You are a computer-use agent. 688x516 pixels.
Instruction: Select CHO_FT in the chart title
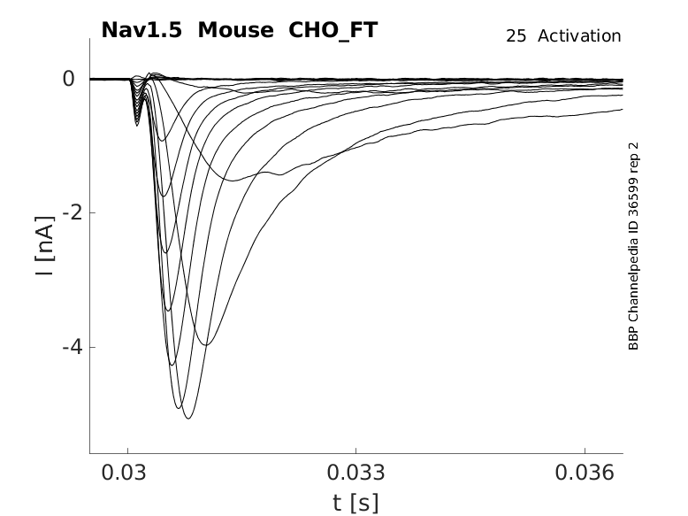pyautogui.click(x=327, y=30)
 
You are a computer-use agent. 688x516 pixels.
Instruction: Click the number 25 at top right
pyautogui.click(x=516, y=36)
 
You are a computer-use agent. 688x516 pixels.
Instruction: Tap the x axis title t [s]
pyautogui.click(x=355, y=503)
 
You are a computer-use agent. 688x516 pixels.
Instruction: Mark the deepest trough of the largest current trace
pyautogui.click(x=187, y=418)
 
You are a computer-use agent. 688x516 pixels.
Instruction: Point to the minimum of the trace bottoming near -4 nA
pyautogui.click(x=205, y=344)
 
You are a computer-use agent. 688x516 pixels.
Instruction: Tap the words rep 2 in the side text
pyautogui.click(x=633, y=161)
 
